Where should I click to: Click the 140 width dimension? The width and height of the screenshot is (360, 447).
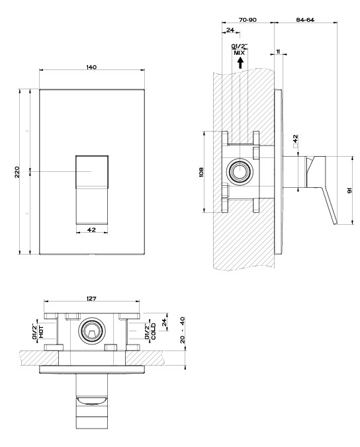coord(91,67)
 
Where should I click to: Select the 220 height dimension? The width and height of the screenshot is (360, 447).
coord(17,172)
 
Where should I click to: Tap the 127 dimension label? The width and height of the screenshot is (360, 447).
coord(91,299)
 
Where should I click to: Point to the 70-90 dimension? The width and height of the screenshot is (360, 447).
coord(247,20)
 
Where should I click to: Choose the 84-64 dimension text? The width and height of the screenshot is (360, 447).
coord(305,20)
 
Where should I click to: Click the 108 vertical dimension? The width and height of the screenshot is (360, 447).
coord(201,172)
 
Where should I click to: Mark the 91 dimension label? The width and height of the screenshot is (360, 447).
coord(349,190)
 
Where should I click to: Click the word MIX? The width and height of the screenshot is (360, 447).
coord(240,53)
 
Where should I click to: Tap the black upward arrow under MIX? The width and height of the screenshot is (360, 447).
coord(240,63)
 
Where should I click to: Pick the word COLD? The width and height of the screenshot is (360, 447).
coord(154,331)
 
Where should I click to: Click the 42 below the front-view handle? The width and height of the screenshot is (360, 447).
coord(91,229)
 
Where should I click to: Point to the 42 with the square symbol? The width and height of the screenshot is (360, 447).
coord(296,140)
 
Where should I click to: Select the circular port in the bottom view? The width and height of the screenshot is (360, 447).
coord(91,331)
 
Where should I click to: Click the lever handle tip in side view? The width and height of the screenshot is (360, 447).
coord(336,222)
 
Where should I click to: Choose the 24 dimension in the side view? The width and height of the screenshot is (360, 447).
coord(230,30)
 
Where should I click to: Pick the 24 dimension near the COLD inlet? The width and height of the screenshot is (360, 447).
coord(164,322)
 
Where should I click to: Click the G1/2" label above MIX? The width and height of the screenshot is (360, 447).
coord(239,46)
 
